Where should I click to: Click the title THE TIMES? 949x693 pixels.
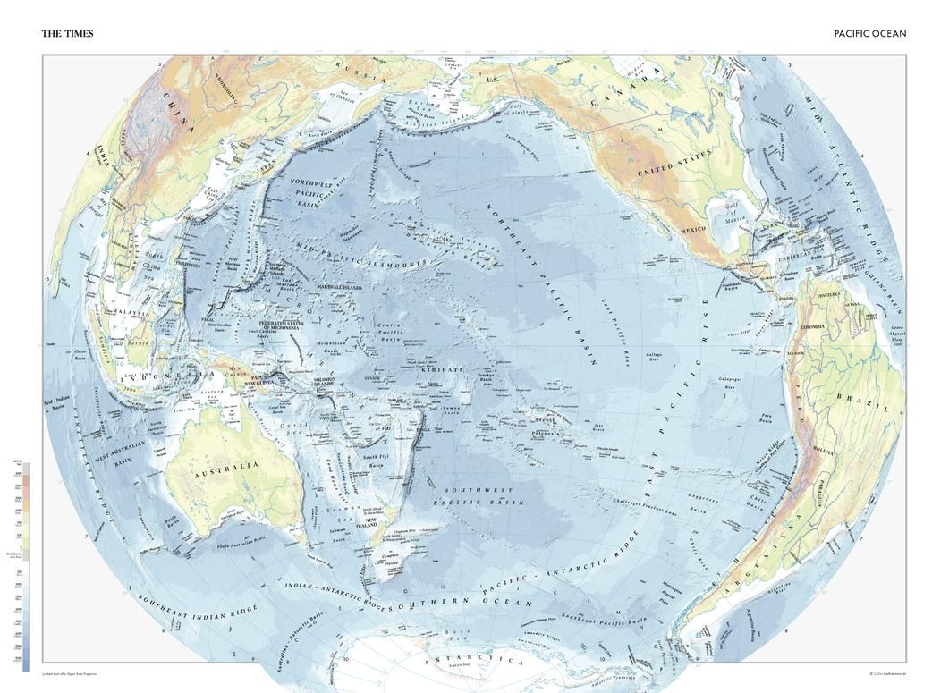[x=67, y=34]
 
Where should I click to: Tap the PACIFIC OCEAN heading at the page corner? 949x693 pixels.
[x=869, y=34]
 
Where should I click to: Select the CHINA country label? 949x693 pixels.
[x=178, y=115]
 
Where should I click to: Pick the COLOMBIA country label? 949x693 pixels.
[x=815, y=327]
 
